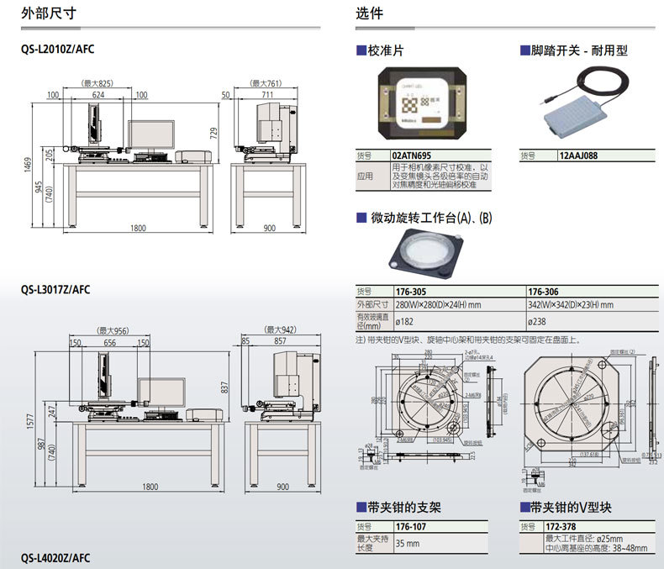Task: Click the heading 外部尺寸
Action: pyautogui.click(x=41, y=13)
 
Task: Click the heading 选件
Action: pyautogui.click(x=369, y=13)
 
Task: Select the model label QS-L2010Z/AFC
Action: pyautogui.click(x=58, y=50)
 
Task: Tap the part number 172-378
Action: pyautogui.click(x=561, y=527)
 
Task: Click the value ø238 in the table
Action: pyautogui.click(x=537, y=321)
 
